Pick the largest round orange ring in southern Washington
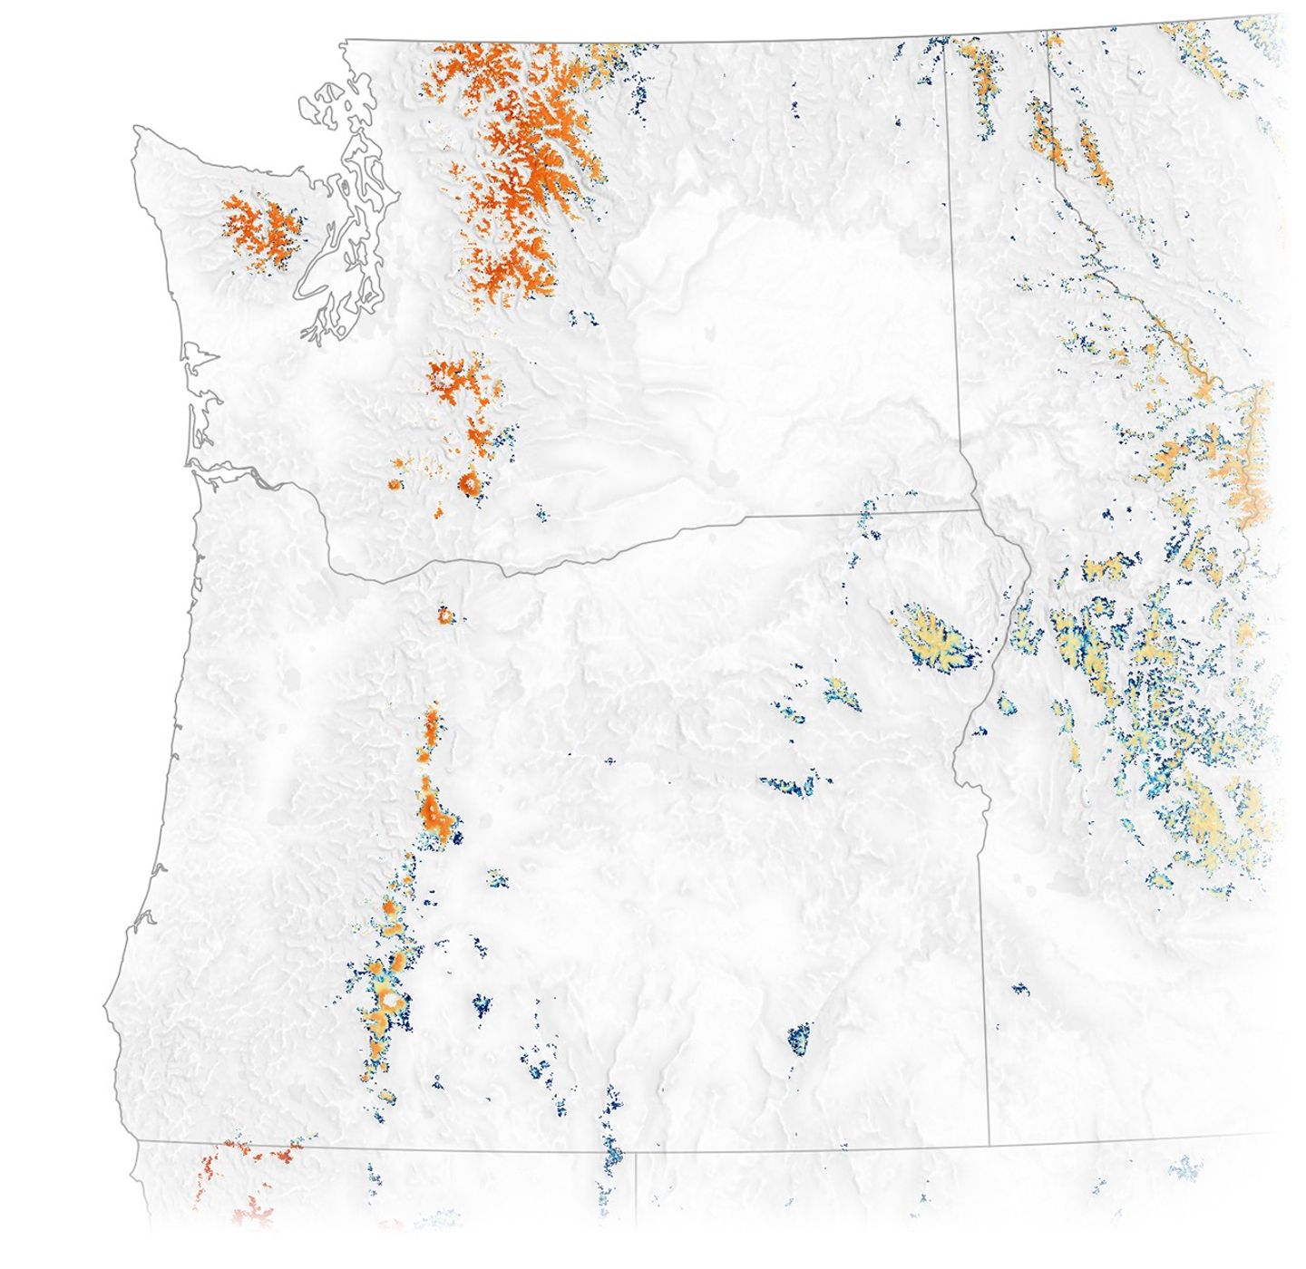click(x=470, y=483)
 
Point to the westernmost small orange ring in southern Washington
click(x=394, y=485)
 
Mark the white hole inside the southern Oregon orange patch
click(x=391, y=1000)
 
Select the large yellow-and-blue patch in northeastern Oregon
click(x=934, y=638)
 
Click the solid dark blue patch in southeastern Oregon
click(x=799, y=1035)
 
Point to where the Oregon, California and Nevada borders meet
click(x=635, y=1153)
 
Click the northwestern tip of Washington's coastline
click(x=136, y=130)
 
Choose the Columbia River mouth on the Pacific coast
click(x=195, y=465)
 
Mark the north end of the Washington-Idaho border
click(x=949, y=41)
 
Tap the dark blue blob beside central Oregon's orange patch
click(x=457, y=838)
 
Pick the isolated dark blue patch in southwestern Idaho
click(x=1020, y=988)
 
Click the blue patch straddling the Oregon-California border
click(x=612, y=1156)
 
